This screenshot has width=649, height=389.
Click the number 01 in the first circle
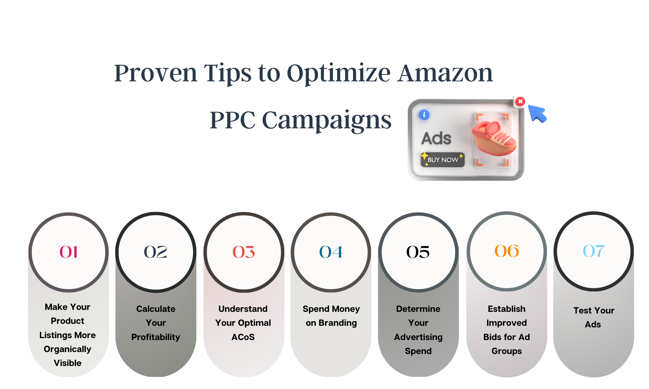click(x=68, y=252)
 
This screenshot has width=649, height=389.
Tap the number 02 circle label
click(x=155, y=252)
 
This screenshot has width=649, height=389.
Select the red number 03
click(x=244, y=252)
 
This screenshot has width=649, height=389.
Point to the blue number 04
click(x=331, y=252)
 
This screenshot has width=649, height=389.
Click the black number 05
click(x=418, y=252)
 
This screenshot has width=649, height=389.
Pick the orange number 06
click(x=507, y=251)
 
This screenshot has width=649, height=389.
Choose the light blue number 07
click(x=594, y=251)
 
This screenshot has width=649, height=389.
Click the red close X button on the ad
click(x=520, y=101)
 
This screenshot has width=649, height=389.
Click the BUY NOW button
click(x=443, y=160)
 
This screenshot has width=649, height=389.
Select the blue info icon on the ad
click(x=424, y=115)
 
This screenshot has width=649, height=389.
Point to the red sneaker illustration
click(x=494, y=138)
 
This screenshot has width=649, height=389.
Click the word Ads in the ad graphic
click(x=436, y=138)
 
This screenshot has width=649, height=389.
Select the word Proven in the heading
click(x=156, y=73)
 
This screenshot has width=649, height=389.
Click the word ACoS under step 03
click(x=243, y=337)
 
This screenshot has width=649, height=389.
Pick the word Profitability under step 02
click(x=156, y=337)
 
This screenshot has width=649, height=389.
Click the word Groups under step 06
click(x=507, y=351)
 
